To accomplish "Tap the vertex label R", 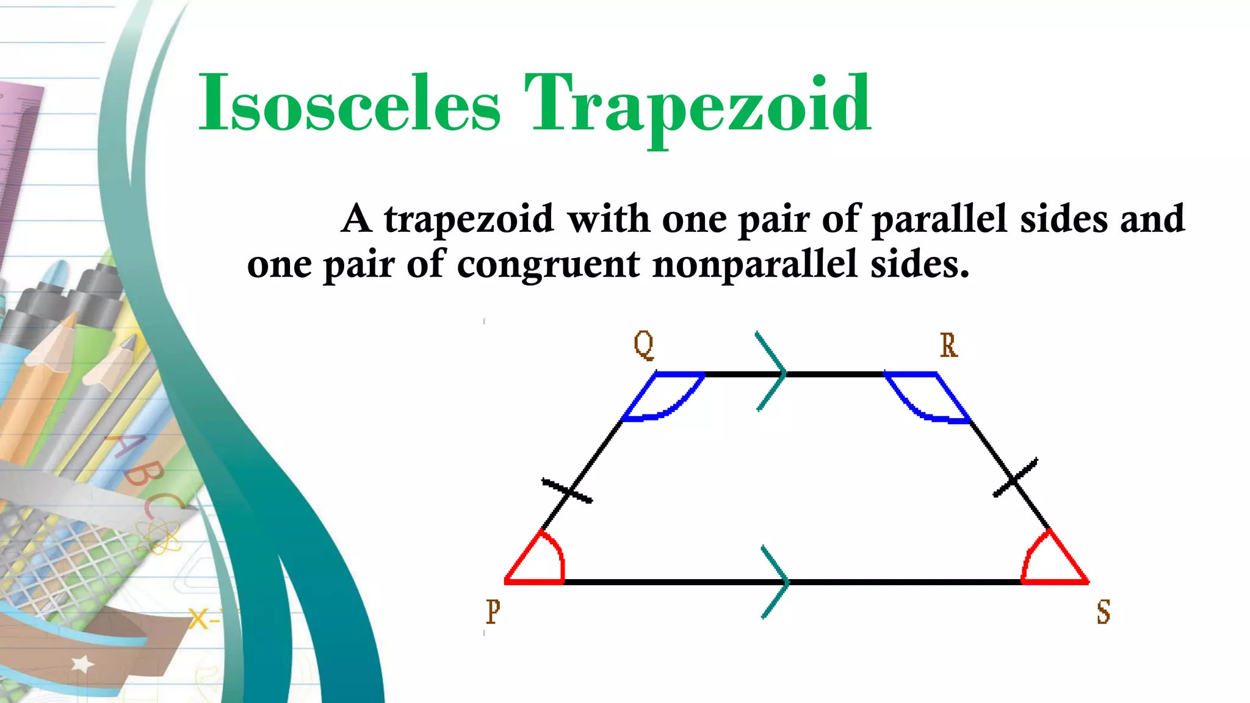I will (948, 345).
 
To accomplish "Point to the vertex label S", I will (1103, 611).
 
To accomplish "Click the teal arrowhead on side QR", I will (772, 372).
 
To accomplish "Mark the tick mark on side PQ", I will (567, 491).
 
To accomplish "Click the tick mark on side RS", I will (1015, 478).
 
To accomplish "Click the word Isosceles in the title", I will (349, 104).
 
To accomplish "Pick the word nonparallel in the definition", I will (754, 264).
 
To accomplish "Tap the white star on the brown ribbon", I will (82, 664).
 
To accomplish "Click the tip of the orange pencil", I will (71, 319).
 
